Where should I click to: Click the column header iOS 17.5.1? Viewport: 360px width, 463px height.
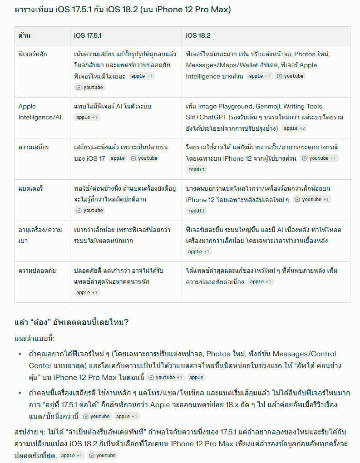(x=88, y=35)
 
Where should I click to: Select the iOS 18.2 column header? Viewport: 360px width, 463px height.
(x=198, y=35)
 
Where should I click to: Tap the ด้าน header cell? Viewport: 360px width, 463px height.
(x=25, y=35)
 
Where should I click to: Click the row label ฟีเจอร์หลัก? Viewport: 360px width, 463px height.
(x=33, y=54)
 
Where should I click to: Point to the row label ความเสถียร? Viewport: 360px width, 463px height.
(x=34, y=147)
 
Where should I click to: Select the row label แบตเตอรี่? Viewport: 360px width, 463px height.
(x=31, y=188)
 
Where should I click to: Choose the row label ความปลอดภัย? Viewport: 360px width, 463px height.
(x=37, y=271)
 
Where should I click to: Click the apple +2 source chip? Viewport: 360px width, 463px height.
(x=295, y=128)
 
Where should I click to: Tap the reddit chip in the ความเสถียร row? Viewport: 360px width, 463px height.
(x=196, y=169)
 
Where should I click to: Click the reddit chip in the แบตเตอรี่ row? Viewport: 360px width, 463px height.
(x=196, y=211)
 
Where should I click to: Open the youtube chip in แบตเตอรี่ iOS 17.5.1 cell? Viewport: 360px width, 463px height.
(x=90, y=211)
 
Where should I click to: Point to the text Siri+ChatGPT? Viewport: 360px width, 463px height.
(x=206, y=117)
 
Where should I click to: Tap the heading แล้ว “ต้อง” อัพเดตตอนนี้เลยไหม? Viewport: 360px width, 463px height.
(x=72, y=323)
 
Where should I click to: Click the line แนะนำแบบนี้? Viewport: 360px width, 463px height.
(x=35, y=339)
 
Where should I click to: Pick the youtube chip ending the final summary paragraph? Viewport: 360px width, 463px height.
(x=102, y=455)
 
